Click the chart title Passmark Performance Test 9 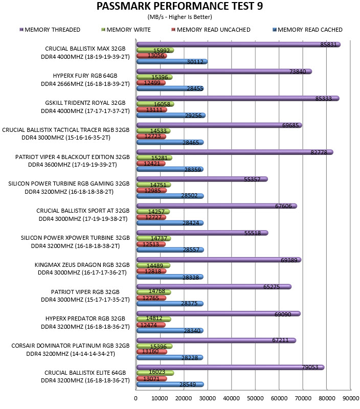click(x=179, y=6)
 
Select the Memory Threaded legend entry click(x=50, y=30)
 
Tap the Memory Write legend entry click(x=126, y=30)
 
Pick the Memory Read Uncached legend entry click(x=211, y=30)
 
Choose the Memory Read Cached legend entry click(x=307, y=30)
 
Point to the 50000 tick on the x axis click(x=255, y=398)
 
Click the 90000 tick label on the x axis click(x=351, y=398)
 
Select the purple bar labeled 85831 click(x=238, y=44)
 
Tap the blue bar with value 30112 click(x=172, y=61)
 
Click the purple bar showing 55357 click(x=202, y=179)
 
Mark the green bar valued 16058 click(x=155, y=104)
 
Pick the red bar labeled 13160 click(x=151, y=352)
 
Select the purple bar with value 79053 click(x=230, y=367)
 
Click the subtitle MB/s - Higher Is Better click(x=179, y=17)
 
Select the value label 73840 click(x=298, y=72)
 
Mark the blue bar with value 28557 click(x=170, y=250)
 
